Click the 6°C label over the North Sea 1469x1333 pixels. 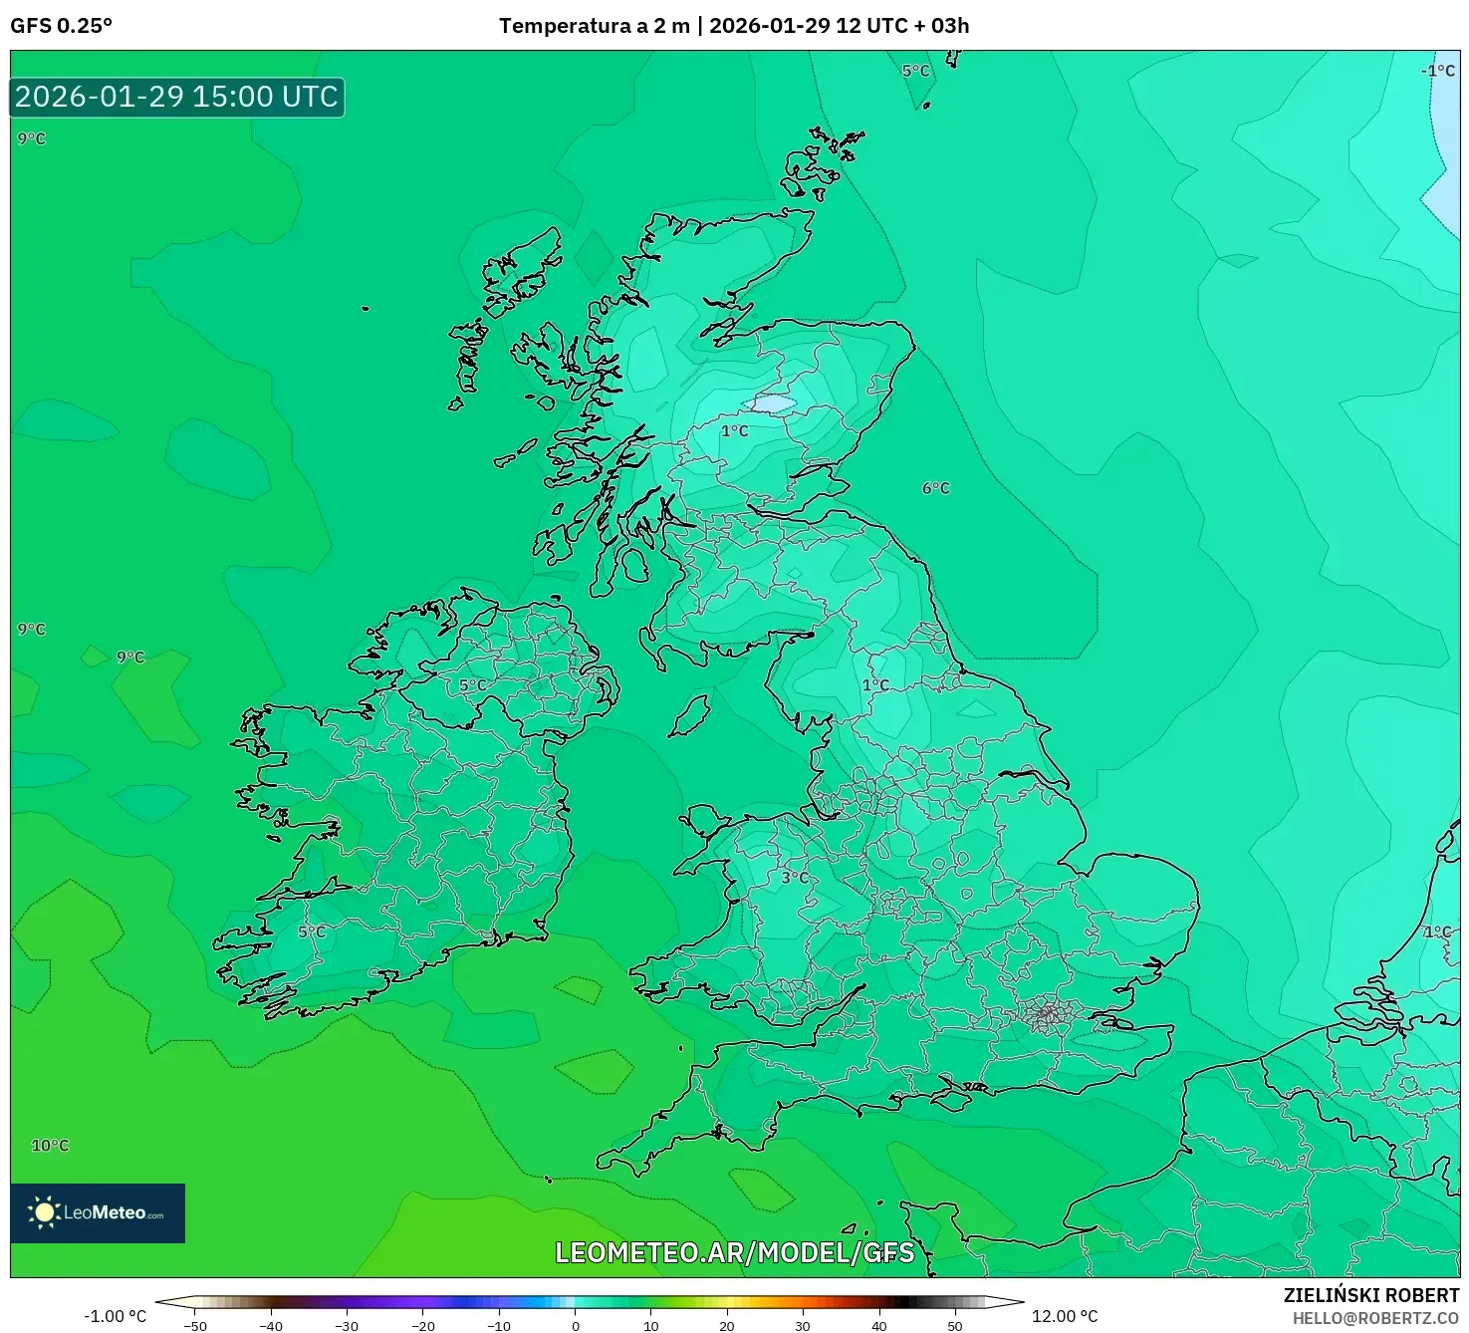click(936, 488)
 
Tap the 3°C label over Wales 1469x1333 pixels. click(795, 878)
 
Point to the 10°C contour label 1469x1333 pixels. click(50, 1146)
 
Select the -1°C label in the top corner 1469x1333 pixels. click(1437, 71)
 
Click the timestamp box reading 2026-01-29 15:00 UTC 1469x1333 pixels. click(177, 98)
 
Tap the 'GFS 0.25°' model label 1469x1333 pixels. click(61, 26)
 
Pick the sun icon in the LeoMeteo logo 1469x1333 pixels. click(44, 1212)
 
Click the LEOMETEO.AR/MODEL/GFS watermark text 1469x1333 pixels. click(734, 1252)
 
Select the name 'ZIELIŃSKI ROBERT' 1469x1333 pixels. click(1370, 1296)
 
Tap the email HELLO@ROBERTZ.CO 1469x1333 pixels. click(1375, 1319)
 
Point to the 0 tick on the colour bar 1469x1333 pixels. click(576, 1326)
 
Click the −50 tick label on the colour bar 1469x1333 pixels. click(195, 1326)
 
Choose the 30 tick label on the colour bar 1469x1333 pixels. click(803, 1326)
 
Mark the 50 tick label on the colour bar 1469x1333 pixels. click(955, 1326)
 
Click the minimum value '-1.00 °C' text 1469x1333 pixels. click(115, 1317)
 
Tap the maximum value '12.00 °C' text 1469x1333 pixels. click(1065, 1317)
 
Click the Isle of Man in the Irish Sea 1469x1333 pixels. click(691, 715)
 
